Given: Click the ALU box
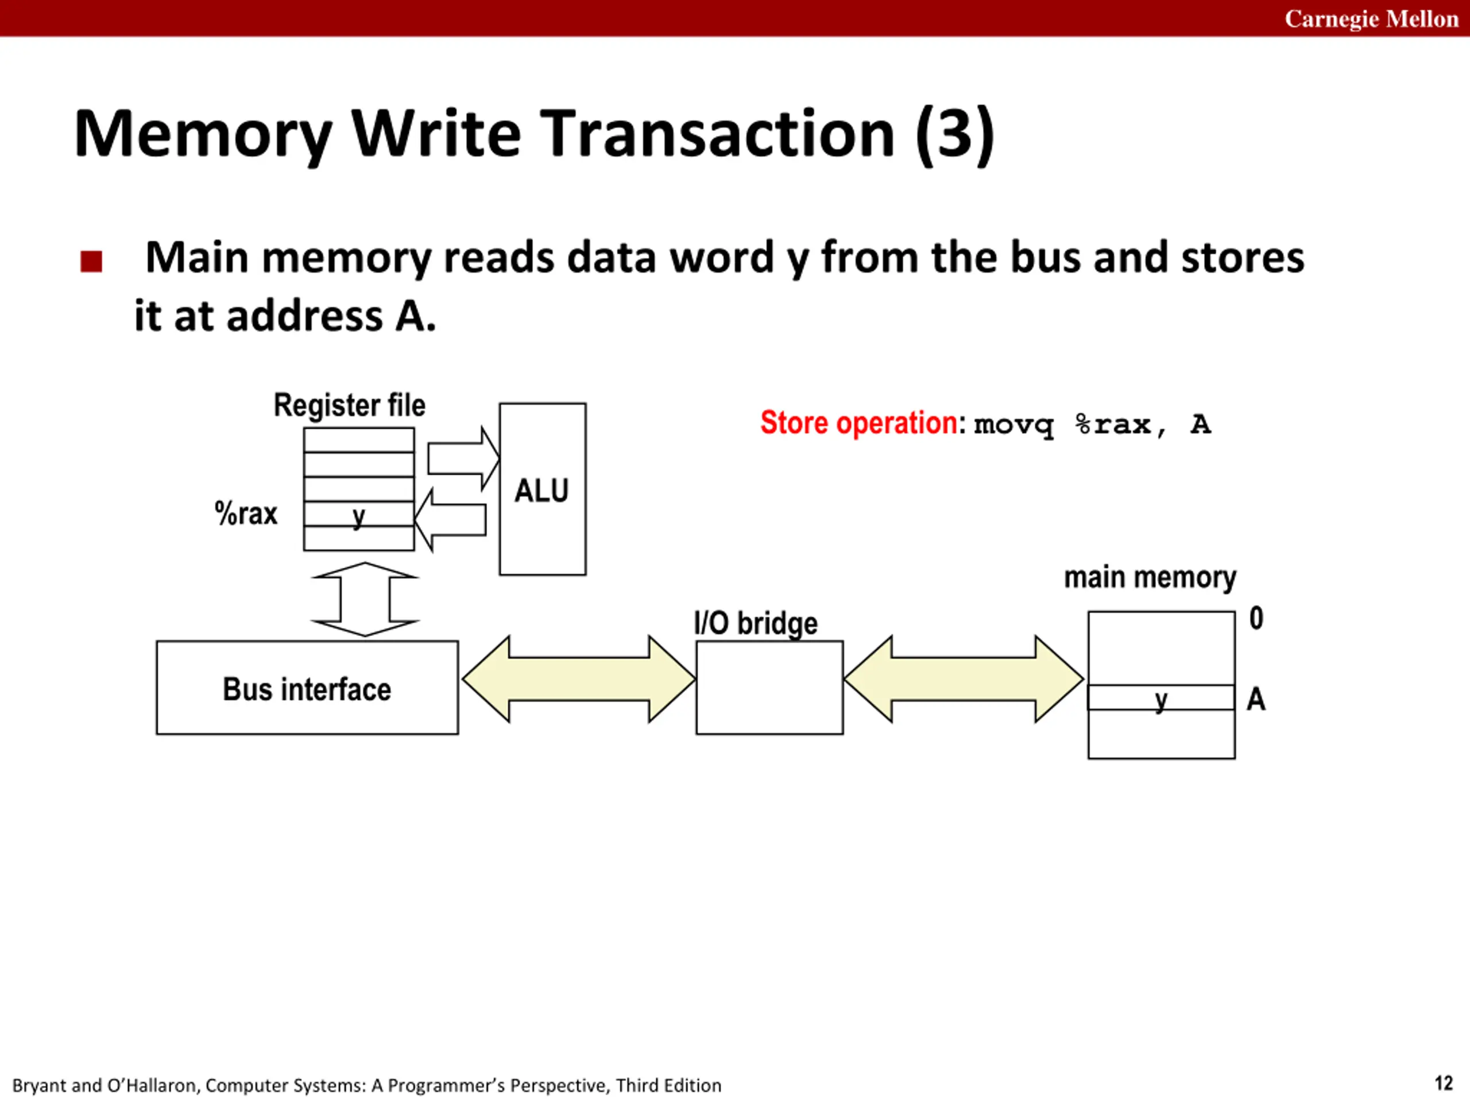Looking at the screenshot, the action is (542, 489).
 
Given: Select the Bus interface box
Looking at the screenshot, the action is (307, 688).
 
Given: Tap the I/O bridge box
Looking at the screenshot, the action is (769, 688).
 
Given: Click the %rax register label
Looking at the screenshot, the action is (245, 514).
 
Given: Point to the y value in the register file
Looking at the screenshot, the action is (359, 516).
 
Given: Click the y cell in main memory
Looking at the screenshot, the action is (1161, 697).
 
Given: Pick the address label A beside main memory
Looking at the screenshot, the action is (1255, 699).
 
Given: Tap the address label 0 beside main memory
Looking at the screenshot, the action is (1256, 618).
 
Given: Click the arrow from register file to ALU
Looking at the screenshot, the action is (463, 459).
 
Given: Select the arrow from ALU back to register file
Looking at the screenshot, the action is (450, 520).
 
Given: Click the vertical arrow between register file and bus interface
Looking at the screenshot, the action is (365, 599).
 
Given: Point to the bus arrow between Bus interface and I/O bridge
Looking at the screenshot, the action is (579, 679).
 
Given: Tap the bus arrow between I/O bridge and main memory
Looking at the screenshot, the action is (964, 679).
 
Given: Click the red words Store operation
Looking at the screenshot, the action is (858, 422).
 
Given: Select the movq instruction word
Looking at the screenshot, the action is (1014, 425).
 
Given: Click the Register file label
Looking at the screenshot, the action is (350, 405).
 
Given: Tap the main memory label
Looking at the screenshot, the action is (1150, 577).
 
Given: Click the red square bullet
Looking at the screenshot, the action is (91, 261).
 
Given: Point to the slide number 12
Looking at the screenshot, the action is (1444, 1084).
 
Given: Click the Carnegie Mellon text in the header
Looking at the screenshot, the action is (1371, 18).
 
